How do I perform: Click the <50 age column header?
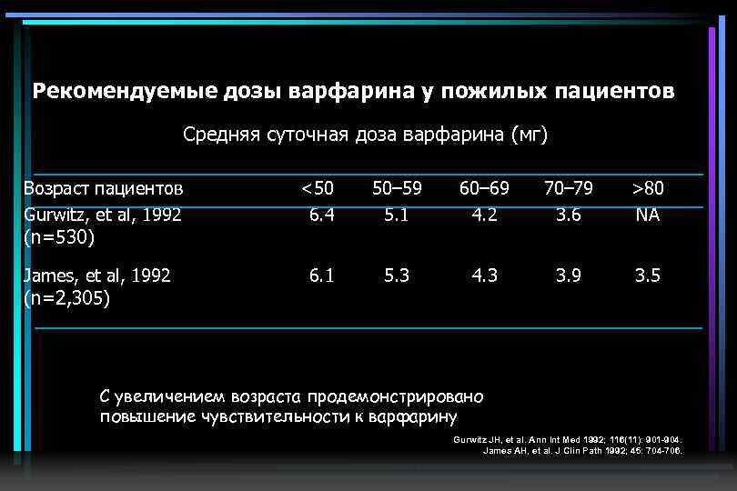pyautogui.click(x=318, y=188)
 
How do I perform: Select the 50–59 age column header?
pyautogui.click(x=397, y=188)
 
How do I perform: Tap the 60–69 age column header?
pyautogui.click(x=484, y=188)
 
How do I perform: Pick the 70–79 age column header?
pyautogui.click(x=569, y=188)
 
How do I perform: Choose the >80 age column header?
pyautogui.click(x=649, y=188)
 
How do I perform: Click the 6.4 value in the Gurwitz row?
pyautogui.click(x=320, y=215)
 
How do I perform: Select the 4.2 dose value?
pyautogui.click(x=484, y=215)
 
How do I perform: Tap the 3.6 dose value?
pyautogui.click(x=569, y=215)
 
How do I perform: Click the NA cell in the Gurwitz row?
pyautogui.click(x=649, y=215)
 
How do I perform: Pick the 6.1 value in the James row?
pyautogui.click(x=320, y=275)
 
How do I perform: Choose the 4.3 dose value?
pyautogui.click(x=484, y=275)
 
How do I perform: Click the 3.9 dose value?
pyautogui.click(x=569, y=275)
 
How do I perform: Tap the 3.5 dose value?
pyautogui.click(x=649, y=275)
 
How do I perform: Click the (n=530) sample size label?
pyautogui.click(x=60, y=238)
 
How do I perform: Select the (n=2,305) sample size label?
pyautogui.click(x=67, y=298)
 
